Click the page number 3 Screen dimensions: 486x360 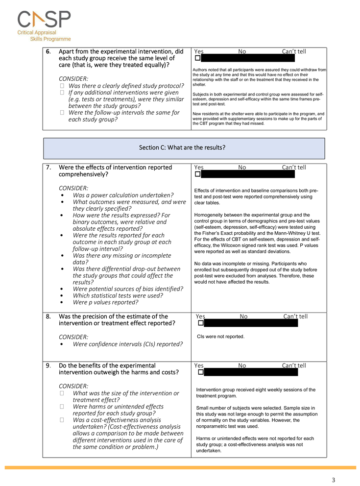tap(333, 480)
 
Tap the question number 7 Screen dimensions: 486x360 tap(48, 167)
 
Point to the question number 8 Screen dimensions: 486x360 tap(48, 316)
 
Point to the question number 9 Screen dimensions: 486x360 tap(48, 365)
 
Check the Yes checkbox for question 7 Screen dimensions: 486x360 tap(197, 174)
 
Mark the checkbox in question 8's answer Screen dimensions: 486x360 tap(201, 323)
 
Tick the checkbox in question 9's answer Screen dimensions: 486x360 tap(200, 372)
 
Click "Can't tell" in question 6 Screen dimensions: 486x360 tap(294, 51)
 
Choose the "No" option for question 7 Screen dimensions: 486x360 tap(242, 167)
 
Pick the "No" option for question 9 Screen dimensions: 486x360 tap(242, 365)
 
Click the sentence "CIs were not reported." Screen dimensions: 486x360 tap(220, 337)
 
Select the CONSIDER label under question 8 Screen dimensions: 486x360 tap(73, 337)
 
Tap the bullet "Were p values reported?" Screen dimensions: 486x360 tap(105, 302)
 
